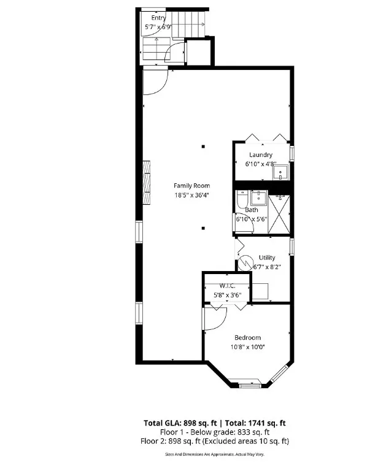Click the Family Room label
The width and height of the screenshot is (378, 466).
pyautogui.click(x=191, y=186)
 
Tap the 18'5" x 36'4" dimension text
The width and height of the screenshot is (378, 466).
pyautogui.click(x=191, y=195)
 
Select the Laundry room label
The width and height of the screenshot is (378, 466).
pyautogui.click(x=261, y=155)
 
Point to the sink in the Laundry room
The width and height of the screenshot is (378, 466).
pyautogui.click(x=281, y=172)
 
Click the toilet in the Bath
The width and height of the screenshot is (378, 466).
pyautogui.click(x=242, y=199)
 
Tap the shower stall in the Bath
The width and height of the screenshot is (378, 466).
pyautogui.click(x=279, y=214)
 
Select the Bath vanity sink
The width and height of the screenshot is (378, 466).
pyautogui.click(x=259, y=197)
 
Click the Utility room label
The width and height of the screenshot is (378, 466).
pyautogui.click(x=267, y=258)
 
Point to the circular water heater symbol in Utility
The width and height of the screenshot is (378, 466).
pyautogui.click(x=245, y=263)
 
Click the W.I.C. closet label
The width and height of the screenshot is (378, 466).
pyautogui.click(x=228, y=286)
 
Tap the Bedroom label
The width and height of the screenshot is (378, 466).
pyautogui.click(x=247, y=338)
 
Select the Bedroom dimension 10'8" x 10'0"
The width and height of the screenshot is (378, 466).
pyautogui.click(x=247, y=347)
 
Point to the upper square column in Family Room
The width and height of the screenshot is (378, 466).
pyautogui.click(x=204, y=146)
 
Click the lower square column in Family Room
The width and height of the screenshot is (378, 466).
pyautogui.click(x=203, y=228)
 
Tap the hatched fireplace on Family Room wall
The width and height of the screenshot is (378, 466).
pyautogui.click(x=146, y=182)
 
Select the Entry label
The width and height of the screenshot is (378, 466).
pyautogui.click(x=158, y=18)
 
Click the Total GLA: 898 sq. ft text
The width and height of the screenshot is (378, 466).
pyautogui.click(x=180, y=423)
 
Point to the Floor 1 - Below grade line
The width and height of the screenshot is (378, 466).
pyautogui.click(x=215, y=432)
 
